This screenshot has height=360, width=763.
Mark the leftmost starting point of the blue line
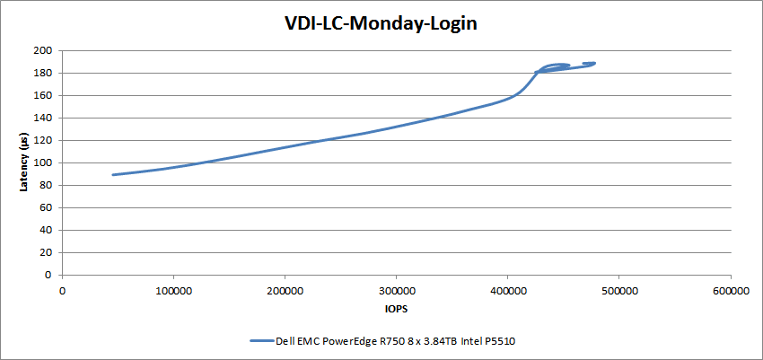pyautogui.click(x=113, y=175)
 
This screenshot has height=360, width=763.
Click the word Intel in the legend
pyautogui.click(x=470, y=341)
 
